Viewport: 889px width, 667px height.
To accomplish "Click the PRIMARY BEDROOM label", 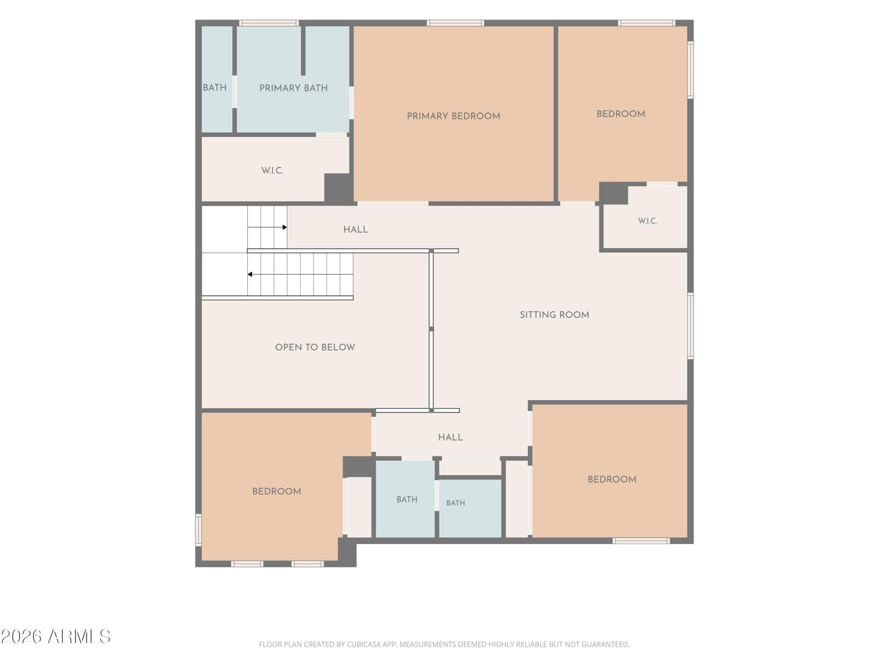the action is tap(453, 116).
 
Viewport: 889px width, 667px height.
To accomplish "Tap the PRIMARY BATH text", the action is tap(293, 88).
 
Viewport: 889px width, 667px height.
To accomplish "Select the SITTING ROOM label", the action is tap(554, 315).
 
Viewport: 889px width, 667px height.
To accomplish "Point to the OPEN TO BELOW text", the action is tap(314, 347).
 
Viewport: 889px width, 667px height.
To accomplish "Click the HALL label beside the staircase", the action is tap(356, 230).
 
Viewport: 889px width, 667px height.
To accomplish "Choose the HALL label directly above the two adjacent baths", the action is tap(451, 437).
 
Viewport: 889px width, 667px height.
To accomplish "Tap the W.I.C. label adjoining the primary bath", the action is tap(272, 171).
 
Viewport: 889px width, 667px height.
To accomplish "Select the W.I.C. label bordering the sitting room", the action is tap(647, 221).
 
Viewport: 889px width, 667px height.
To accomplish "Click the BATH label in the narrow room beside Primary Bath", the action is tap(214, 88).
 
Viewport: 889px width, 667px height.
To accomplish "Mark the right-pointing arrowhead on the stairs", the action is tap(285, 227).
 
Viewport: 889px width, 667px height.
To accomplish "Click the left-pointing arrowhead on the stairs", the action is tap(250, 275).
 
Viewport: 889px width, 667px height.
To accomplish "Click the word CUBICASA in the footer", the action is tap(362, 644).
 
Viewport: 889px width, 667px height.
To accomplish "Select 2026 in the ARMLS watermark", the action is tap(22, 636).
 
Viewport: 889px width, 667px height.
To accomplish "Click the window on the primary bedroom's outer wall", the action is tap(455, 23).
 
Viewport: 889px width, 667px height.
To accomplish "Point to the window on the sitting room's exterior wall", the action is tap(691, 326).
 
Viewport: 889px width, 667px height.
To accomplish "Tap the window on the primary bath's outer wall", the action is tap(268, 23).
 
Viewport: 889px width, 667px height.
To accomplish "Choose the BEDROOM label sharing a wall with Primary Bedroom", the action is tap(621, 114).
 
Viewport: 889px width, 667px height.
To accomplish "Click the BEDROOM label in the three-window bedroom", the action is tap(277, 492).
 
